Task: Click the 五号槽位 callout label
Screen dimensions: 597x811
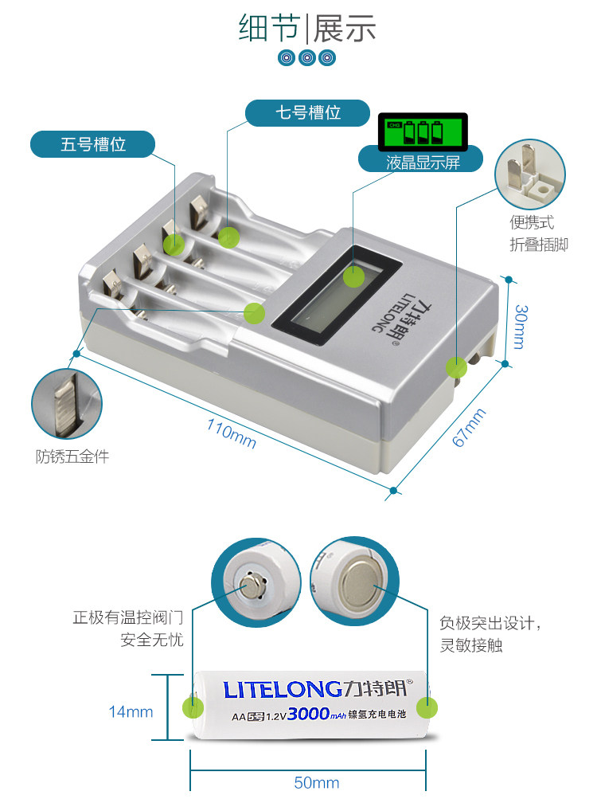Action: pos(93,144)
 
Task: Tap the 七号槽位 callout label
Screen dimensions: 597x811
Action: pos(307,112)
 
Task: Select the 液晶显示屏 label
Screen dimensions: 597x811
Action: pos(423,163)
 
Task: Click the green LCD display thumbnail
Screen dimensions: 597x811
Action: pos(421,130)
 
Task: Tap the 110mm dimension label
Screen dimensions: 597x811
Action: pos(231,433)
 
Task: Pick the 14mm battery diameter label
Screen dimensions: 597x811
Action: pos(131,711)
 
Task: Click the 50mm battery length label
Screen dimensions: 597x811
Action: pos(316,782)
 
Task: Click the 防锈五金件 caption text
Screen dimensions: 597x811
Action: pos(72,456)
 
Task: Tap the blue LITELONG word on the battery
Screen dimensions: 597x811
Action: pos(284,689)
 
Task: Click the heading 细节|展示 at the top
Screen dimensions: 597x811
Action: pos(307,28)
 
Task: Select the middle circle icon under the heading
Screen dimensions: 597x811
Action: pos(307,57)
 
